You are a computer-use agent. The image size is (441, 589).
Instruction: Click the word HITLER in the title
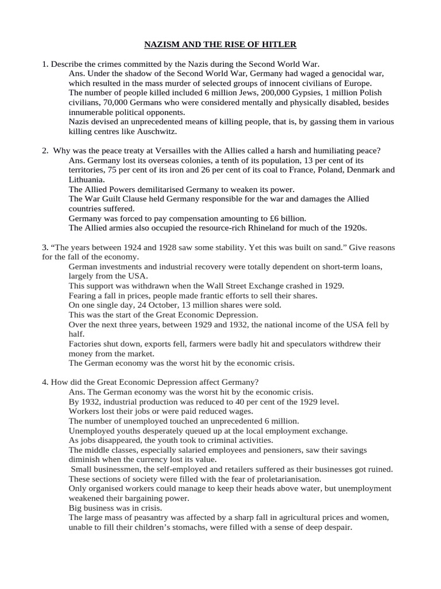point(280,44)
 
